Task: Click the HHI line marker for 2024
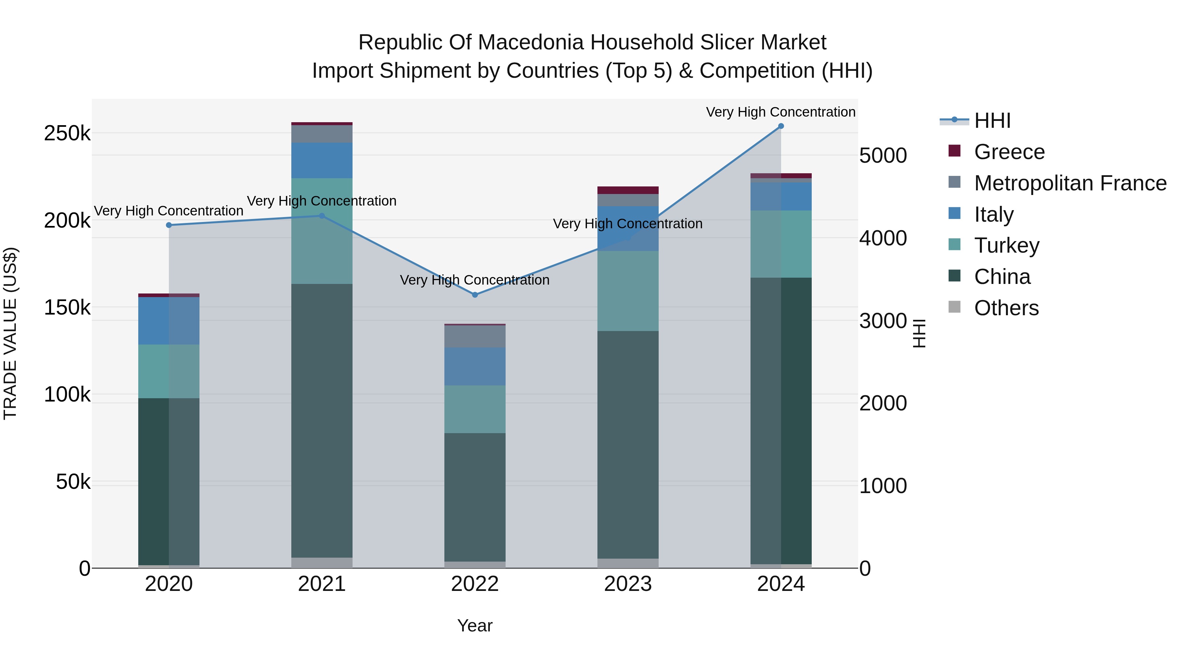[781, 126]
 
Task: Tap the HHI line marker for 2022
[475, 294]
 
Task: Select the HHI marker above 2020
[169, 225]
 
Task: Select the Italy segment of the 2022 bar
[475, 366]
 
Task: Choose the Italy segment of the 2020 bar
[169, 320]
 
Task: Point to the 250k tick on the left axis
[67, 133]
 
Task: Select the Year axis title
[475, 625]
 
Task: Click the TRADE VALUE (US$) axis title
[11, 333]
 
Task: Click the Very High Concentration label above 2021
[322, 201]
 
